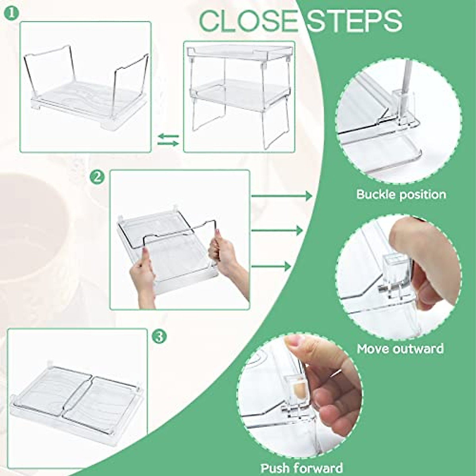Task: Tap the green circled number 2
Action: (97, 177)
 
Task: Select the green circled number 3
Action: (159, 337)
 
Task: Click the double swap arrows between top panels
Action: (168, 140)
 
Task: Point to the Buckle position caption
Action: (401, 194)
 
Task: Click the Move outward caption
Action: (400, 349)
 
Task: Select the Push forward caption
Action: (301, 467)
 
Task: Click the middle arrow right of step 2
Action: (277, 230)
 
